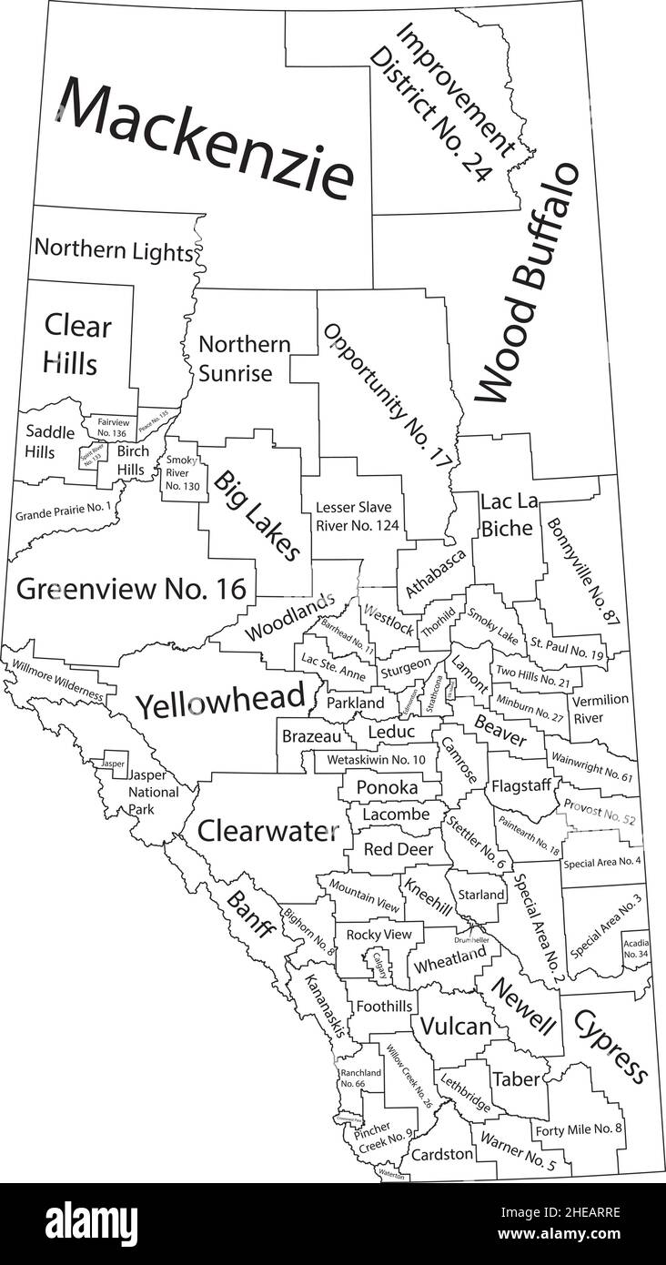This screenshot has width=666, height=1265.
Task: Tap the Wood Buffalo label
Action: coord(528,283)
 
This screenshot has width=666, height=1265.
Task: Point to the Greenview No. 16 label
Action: coord(132,589)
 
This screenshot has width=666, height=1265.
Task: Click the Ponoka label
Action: coord(387,786)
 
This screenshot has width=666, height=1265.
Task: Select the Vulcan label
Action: coord(454,1026)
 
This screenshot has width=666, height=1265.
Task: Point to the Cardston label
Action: coord(442,1154)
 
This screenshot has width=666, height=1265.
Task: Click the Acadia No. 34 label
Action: coord(636,947)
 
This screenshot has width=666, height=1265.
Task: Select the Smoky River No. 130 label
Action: coord(182,473)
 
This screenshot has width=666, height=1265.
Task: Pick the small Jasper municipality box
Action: coord(113,763)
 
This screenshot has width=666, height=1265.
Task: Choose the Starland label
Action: coord(480,895)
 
